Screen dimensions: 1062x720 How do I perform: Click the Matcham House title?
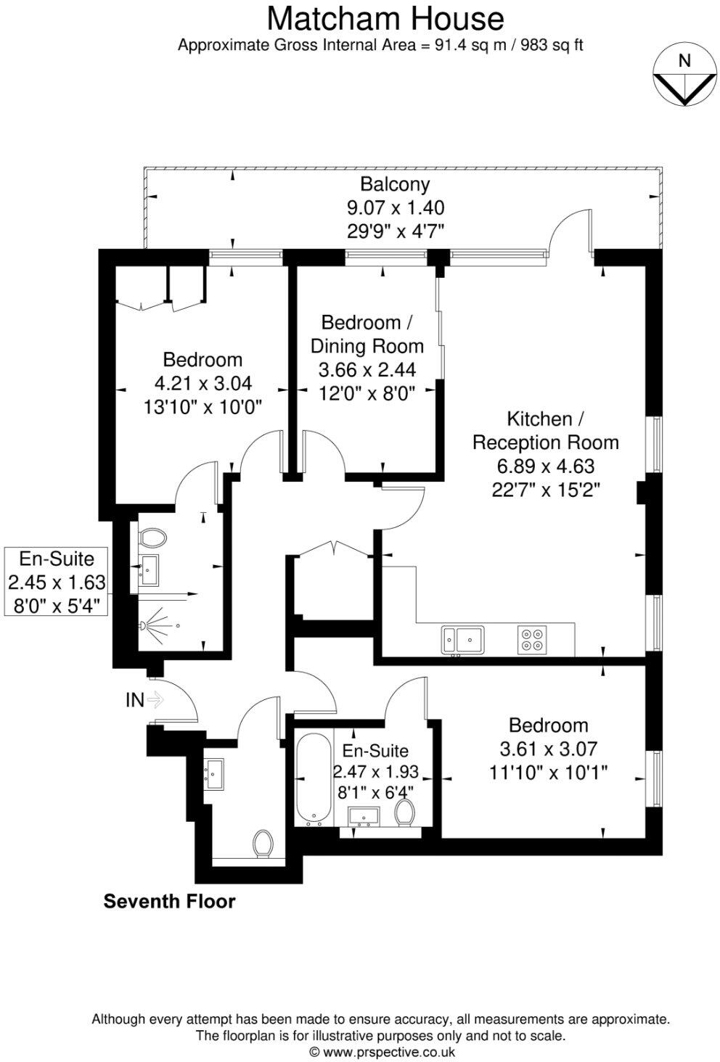(x=385, y=18)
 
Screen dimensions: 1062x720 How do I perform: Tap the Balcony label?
(x=396, y=184)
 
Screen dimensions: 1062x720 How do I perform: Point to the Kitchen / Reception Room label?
(x=545, y=430)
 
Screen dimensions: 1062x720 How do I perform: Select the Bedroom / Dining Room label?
(x=367, y=333)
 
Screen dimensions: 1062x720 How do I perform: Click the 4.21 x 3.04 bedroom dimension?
(x=202, y=383)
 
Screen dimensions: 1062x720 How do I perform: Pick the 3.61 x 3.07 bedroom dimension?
(x=548, y=749)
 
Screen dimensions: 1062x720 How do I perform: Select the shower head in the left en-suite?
(x=147, y=624)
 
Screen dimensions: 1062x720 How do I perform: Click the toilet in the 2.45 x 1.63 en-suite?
(x=152, y=538)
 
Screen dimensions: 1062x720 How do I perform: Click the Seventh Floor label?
(x=169, y=902)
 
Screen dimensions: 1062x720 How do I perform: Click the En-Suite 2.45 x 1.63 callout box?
(x=57, y=582)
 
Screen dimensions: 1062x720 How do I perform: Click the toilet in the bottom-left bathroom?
(x=262, y=844)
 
